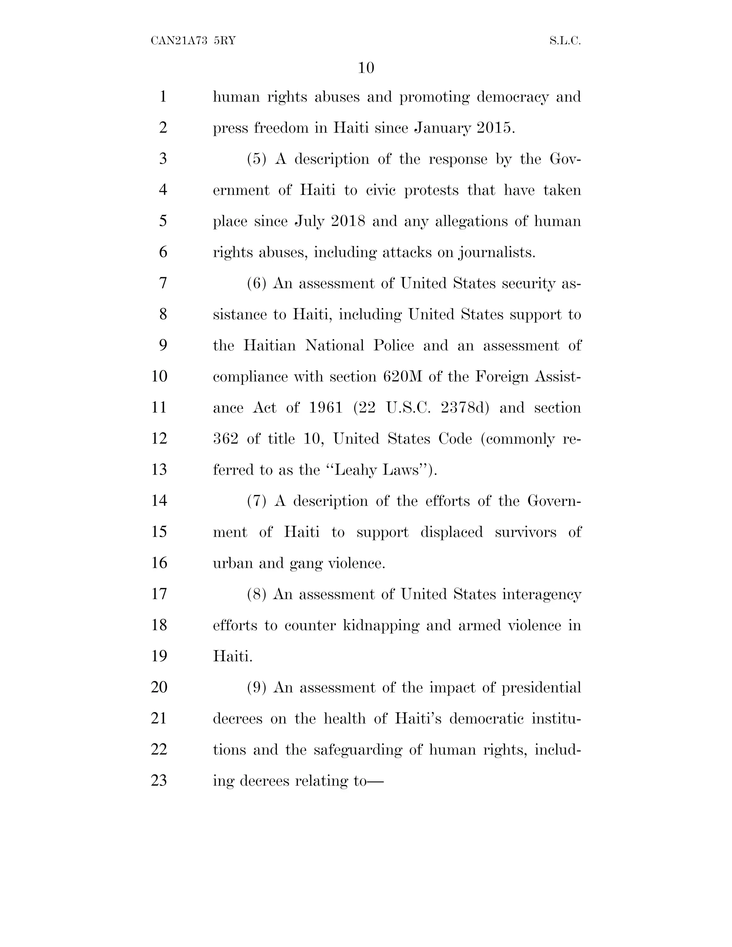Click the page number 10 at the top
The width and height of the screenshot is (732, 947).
pyautogui.click(x=366, y=68)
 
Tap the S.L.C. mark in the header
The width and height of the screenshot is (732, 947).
pyautogui.click(x=565, y=41)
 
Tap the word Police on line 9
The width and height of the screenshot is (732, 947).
pyautogui.click(x=393, y=346)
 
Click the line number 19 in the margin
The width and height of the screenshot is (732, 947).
pyautogui.click(x=159, y=656)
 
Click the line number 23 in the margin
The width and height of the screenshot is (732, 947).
pyautogui.click(x=159, y=780)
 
